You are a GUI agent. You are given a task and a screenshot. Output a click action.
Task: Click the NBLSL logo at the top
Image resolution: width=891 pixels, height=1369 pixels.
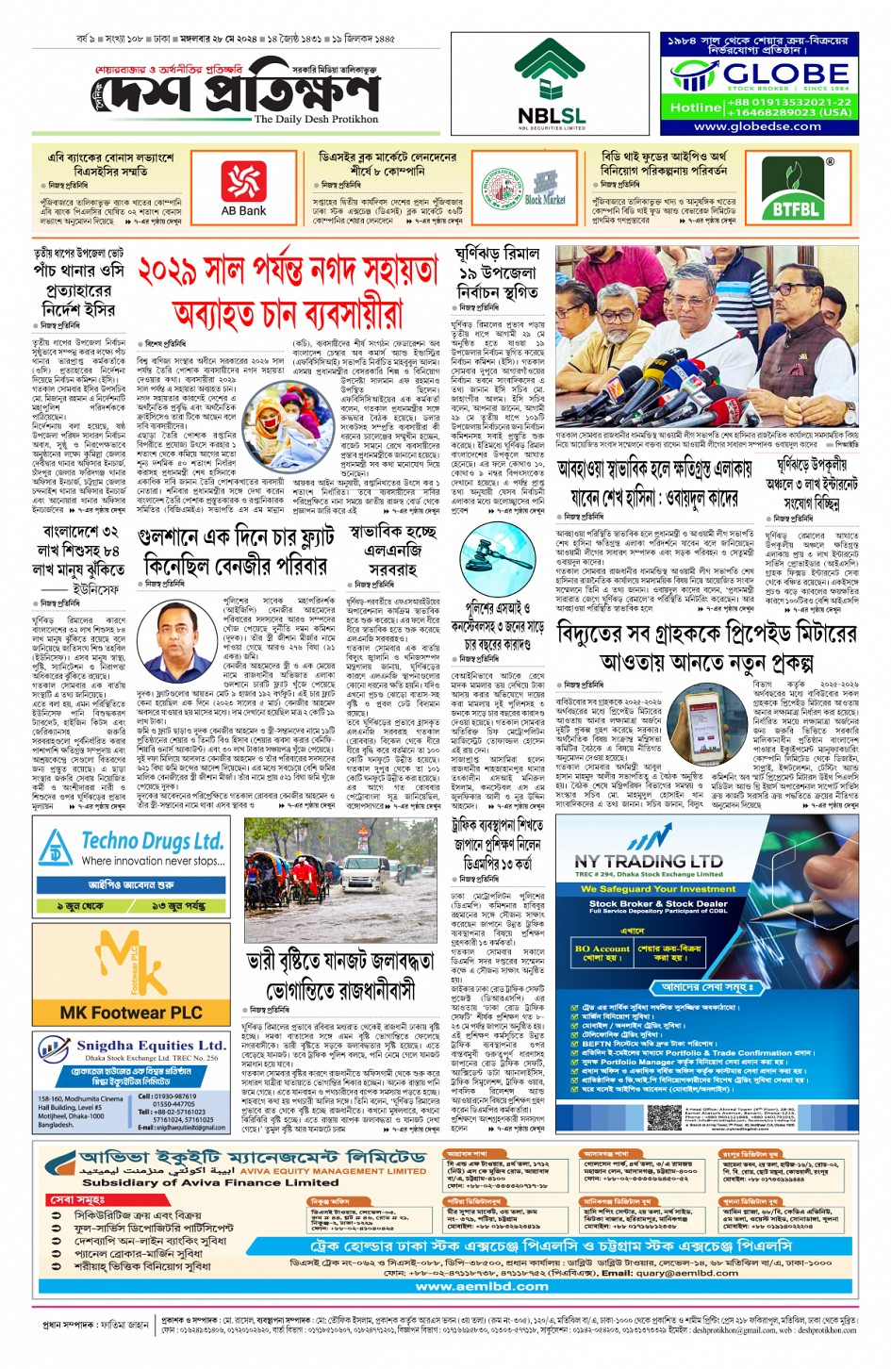click(x=551, y=84)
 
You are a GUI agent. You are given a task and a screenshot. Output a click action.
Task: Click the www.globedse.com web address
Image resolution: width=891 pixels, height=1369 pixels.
click(x=757, y=126)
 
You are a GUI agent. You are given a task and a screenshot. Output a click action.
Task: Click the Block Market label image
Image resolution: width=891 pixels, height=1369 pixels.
click(x=545, y=189)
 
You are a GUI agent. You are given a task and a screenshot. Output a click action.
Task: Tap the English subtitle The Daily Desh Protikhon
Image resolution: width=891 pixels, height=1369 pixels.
click(x=316, y=120)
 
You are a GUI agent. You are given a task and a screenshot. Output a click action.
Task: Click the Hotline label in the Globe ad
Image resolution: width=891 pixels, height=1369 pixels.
click(x=694, y=107)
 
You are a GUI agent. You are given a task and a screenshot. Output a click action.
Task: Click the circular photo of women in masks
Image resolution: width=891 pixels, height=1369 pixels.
click(x=284, y=418)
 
